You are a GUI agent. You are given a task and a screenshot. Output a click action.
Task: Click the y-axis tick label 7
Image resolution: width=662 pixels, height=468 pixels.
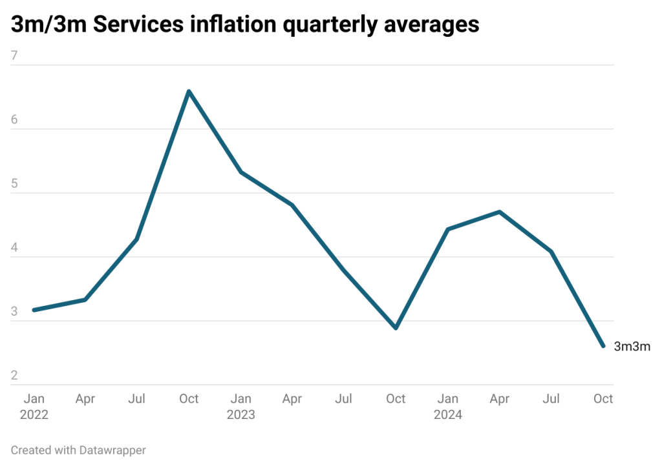pos(15,57)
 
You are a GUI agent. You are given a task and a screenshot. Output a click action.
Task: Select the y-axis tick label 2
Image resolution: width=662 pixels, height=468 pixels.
pos(15,376)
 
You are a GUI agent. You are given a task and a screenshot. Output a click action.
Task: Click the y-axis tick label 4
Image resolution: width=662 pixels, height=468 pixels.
pos(15,249)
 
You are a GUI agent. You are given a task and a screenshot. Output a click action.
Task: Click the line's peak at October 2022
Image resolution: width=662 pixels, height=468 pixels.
pos(188,91)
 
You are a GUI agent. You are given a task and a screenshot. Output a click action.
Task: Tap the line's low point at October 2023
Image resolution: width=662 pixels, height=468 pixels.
pos(396,327)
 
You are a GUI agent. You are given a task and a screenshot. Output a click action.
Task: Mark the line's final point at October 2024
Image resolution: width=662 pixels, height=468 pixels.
pos(603,347)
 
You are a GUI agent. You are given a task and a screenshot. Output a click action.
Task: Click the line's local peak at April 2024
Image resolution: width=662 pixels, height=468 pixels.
pos(499,212)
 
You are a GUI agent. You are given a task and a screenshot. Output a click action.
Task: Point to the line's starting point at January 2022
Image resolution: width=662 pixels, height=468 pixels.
pos(34,310)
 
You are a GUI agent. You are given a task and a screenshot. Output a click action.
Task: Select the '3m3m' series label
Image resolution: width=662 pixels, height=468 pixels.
pos(632,347)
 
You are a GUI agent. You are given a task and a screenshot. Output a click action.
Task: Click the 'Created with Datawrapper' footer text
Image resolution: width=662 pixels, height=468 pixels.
pos(78,450)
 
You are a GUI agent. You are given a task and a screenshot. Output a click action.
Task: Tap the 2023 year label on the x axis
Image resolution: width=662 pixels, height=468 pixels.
pos(240,415)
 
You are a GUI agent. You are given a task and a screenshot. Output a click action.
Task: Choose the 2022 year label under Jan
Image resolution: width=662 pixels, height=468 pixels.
pos(34,415)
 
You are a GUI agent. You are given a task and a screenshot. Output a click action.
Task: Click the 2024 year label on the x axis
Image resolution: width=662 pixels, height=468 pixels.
pos(447,415)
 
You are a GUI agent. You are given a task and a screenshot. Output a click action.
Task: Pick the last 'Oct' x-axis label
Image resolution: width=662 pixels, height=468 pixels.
pos(603,400)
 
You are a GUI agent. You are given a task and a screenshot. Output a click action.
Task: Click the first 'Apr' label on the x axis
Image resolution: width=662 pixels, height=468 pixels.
pos(85,400)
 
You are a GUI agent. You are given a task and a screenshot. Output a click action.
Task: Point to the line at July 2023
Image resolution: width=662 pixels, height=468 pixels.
pos(344,270)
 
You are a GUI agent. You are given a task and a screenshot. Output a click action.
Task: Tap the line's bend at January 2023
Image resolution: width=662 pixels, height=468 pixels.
pos(240,172)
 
